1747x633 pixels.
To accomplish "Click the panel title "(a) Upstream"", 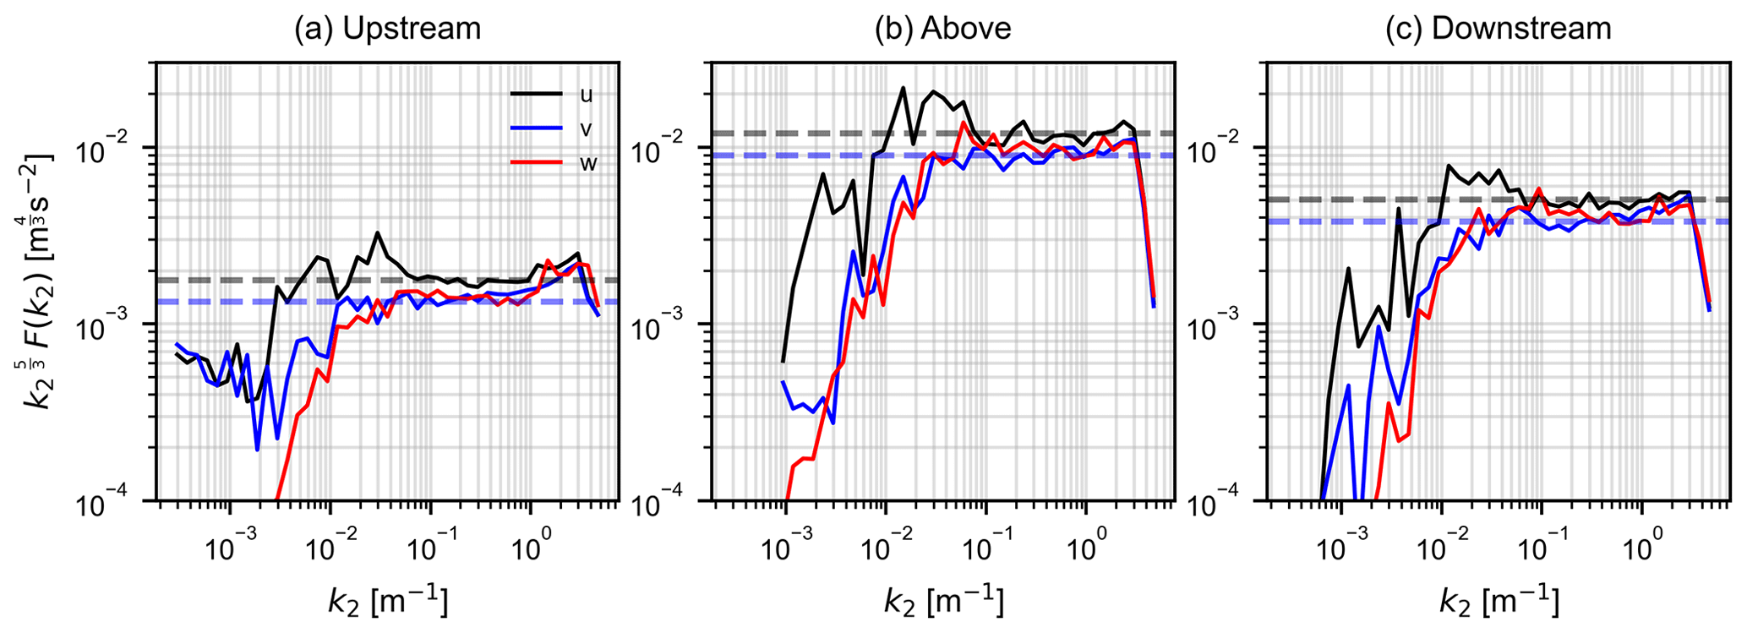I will [x=387, y=29].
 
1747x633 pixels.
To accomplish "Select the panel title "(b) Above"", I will [x=942, y=29].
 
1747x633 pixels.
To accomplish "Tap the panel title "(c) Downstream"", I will [x=1498, y=29].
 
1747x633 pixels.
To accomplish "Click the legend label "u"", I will [x=586, y=94].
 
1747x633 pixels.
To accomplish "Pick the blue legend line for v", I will [x=536, y=128].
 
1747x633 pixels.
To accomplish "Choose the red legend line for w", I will [x=536, y=162].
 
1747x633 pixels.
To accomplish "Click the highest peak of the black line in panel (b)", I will [x=903, y=88].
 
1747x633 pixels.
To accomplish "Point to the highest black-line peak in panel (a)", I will [x=377, y=233].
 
